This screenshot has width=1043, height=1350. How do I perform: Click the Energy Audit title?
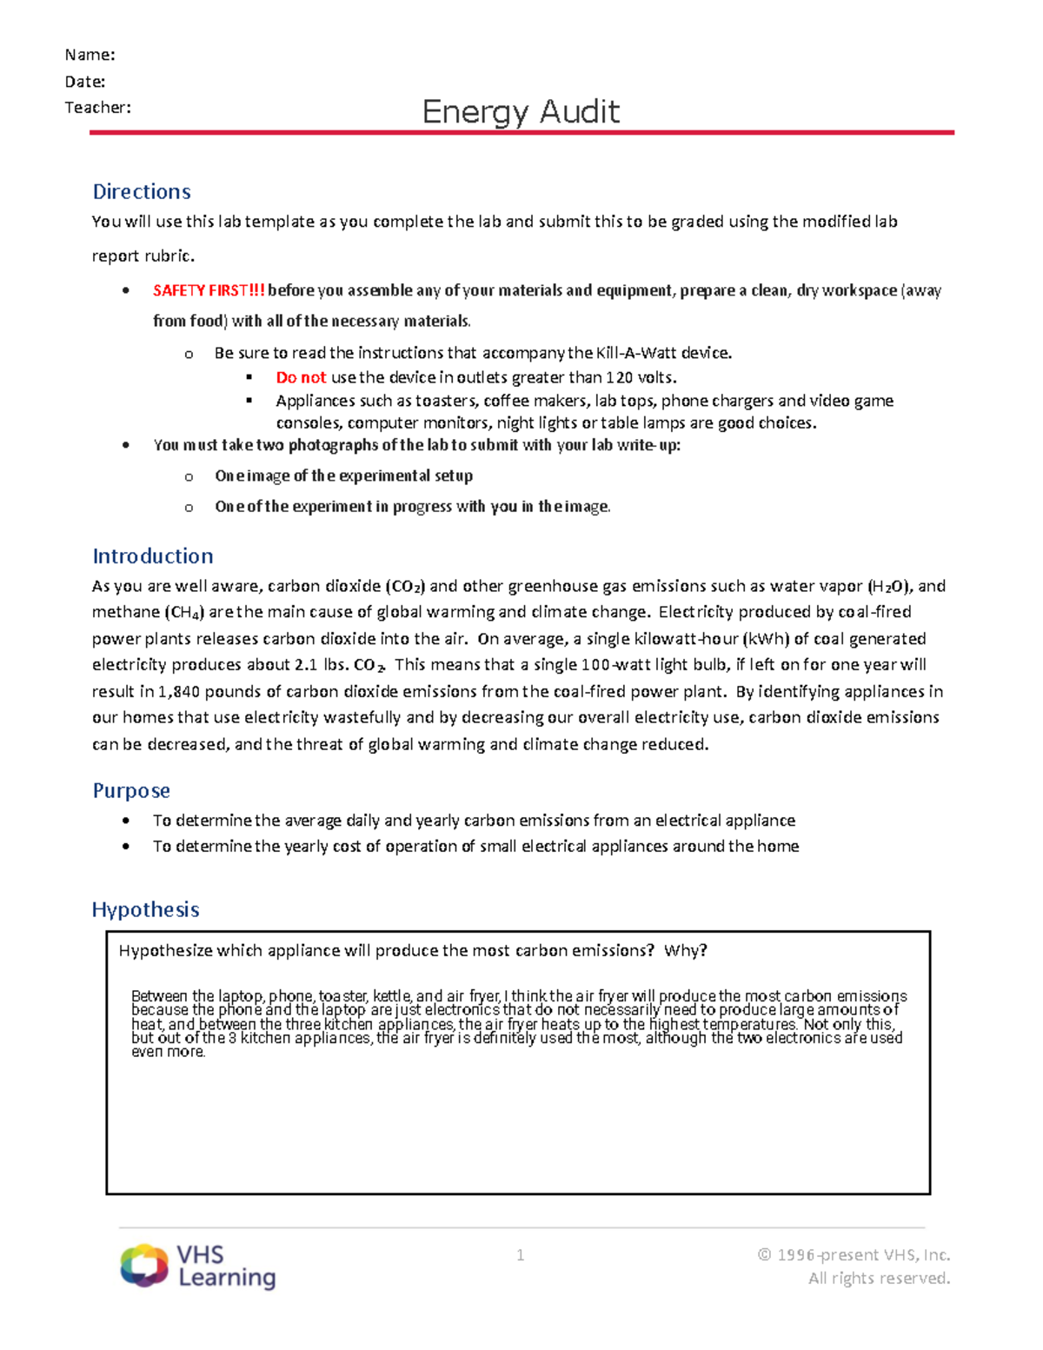click(x=521, y=112)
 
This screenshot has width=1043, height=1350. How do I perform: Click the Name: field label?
click(x=90, y=55)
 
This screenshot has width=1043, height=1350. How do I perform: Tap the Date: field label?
click(x=85, y=82)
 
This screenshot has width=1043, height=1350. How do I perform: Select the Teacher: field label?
click(x=97, y=108)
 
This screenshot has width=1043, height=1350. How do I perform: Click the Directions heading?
click(x=142, y=191)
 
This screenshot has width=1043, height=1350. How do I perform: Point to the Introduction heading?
click(x=153, y=556)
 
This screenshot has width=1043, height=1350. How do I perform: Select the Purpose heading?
click(x=131, y=791)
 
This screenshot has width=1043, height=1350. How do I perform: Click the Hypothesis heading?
click(x=146, y=910)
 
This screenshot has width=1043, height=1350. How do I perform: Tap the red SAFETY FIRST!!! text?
click(x=209, y=291)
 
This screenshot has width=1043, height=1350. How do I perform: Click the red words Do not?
click(x=301, y=377)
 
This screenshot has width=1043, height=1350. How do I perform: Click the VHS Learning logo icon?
click(x=144, y=1265)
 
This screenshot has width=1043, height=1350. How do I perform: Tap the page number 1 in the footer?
click(x=520, y=1255)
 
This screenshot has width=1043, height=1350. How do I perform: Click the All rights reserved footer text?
click(x=879, y=1279)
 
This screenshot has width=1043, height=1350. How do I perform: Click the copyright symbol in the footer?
click(x=764, y=1255)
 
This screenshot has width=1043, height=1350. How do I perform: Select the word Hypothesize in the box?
click(x=165, y=951)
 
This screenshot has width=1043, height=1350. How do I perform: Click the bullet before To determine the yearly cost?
click(x=127, y=847)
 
